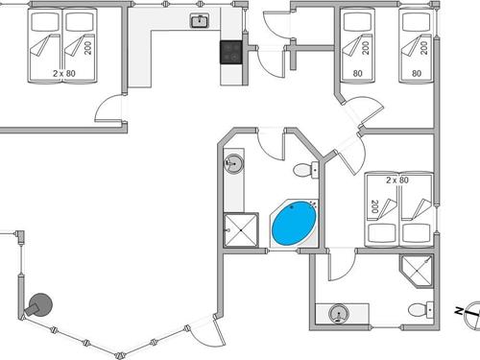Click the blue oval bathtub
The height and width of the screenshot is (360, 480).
(294, 224)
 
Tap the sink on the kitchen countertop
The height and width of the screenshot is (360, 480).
(201, 21)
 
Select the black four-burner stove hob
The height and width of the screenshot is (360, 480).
(230, 51)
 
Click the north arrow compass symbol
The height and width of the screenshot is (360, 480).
(466, 311)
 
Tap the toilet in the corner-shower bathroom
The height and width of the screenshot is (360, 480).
(420, 310)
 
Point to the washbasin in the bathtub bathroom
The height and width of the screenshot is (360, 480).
(233, 164)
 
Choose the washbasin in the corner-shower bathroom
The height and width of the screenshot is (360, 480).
(337, 312)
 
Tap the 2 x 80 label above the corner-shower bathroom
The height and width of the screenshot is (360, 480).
(397, 180)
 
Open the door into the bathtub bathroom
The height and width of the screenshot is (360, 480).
(271, 143)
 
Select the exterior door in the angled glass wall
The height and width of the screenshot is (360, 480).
(205, 332)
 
